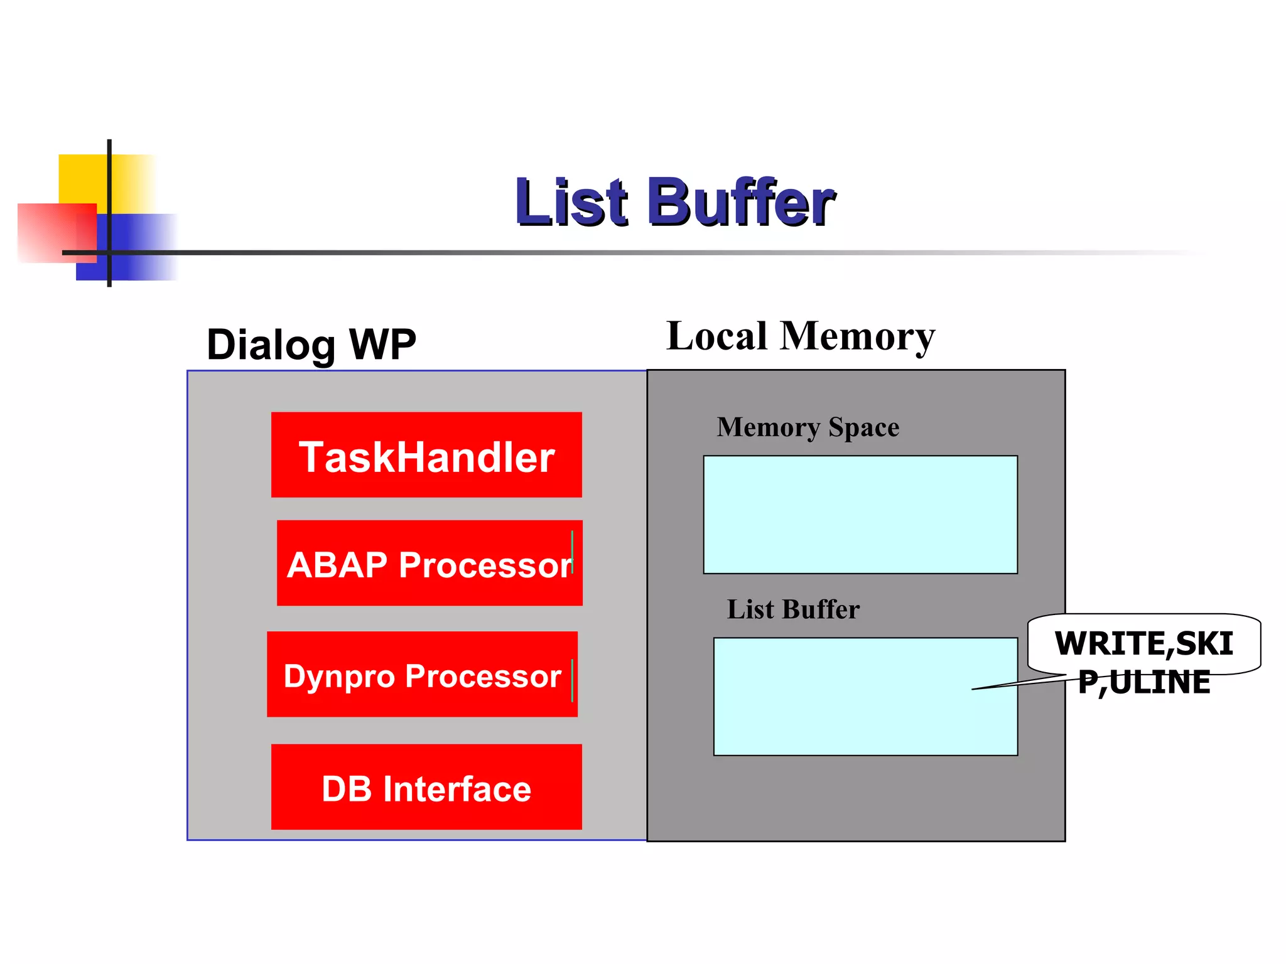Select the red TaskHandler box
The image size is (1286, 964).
point(426,455)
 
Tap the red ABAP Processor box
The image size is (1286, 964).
point(430,563)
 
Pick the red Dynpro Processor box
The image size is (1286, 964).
point(422,674)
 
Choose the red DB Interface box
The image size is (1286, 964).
point(426,787)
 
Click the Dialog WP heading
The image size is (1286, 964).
point(311,345)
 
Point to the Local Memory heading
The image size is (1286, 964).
point(801,336)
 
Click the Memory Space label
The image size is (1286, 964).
point(808,427)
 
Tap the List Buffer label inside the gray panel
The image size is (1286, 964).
point(792,609)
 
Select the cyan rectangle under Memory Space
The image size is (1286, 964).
point(860,515)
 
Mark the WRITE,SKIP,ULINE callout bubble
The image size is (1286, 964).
point(1143,644)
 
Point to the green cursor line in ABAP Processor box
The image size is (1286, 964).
point(572,552)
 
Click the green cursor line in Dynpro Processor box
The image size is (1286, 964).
point(572,680)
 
